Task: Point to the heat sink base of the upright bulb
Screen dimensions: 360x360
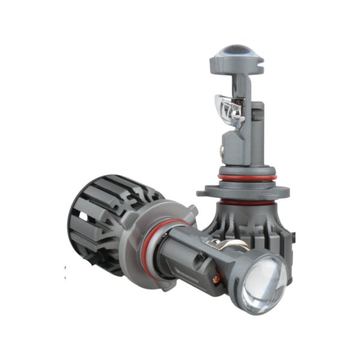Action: (252, 225)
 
